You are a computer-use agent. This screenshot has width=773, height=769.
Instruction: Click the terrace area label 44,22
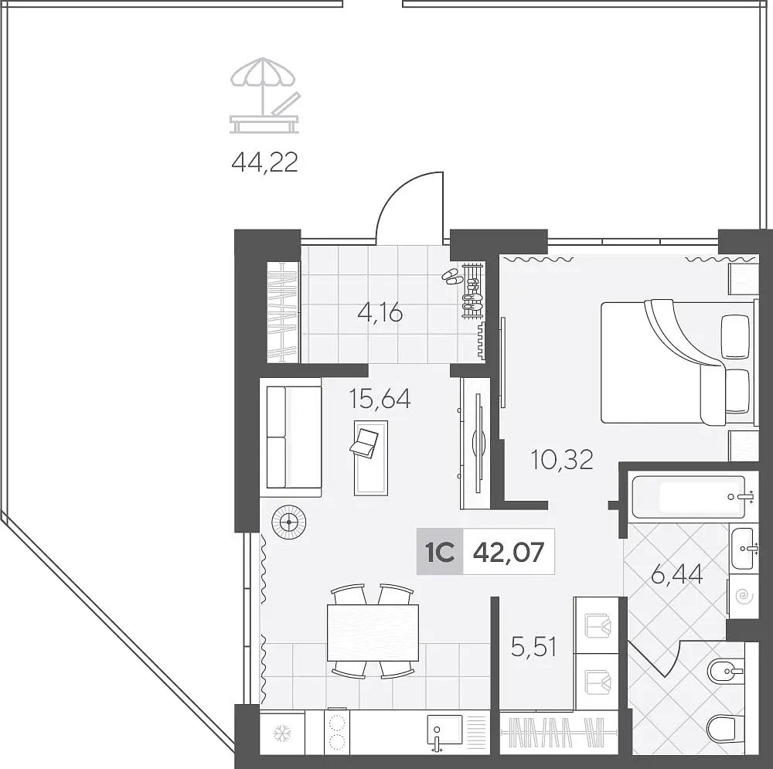pyautogui.click(x=264, y=162)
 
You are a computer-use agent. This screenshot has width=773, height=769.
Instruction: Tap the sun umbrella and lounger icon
pyautogui.click(x=264, y=96)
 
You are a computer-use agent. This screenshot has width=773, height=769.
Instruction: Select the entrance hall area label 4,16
pyautogui.click(x=380, y=312)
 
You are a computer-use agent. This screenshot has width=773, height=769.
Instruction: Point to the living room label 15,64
pyautogui.click(x=380, y=399)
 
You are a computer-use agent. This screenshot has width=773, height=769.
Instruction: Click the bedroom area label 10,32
pyautogui.click(x=561, y=459)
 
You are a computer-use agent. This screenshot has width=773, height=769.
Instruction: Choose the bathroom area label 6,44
pyautogui.click(x=677, y=575)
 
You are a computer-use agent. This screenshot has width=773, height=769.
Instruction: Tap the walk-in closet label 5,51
pyautogui.click(x=534, y=646)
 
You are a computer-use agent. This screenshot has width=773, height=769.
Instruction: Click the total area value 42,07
pyautogui.click(x=509, y=552)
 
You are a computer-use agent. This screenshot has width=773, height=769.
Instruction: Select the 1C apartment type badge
pyautogui.click(x=440, y=552)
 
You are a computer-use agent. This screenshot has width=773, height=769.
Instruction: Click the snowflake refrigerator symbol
pyautogui.click(x=282, y=733)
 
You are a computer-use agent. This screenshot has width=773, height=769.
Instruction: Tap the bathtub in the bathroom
pyautogui.click(x=689, y=497)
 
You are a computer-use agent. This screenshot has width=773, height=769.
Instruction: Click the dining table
pyautogui.click(x=373, y=632)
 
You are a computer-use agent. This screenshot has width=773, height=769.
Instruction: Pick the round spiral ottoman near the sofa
pyautogui.click(x=288, y=522)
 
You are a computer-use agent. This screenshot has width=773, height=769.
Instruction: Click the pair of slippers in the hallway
pyautogui.click(x=451, y=277)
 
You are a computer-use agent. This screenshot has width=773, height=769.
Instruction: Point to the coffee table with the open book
pyautogui.click(x=371, y=458)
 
